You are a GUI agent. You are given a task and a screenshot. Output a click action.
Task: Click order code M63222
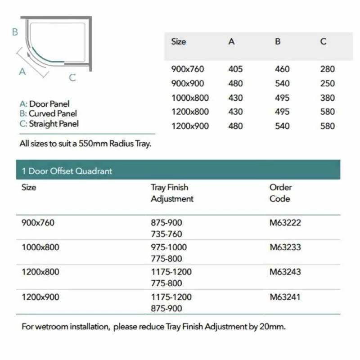point(285,222)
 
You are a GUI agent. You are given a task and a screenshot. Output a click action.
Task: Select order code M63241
point(285,297)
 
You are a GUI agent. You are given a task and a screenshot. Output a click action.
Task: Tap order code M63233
point(285,247)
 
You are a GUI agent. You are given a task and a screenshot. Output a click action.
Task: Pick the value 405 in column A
point(235,69)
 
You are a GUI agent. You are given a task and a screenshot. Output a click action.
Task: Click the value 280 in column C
point(328,69)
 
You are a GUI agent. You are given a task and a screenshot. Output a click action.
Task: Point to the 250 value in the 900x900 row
point(328,84)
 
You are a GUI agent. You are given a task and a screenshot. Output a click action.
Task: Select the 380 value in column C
point(328,98)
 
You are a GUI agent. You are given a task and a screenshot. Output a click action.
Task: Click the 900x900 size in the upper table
point(188,84)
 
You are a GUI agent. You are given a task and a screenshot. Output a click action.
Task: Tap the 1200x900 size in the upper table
point(190,126)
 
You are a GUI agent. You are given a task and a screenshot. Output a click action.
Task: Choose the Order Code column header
point(280,193)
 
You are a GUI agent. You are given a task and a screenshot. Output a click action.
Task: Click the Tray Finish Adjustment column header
point(172,193)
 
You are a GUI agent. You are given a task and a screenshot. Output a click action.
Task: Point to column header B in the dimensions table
point(278,42)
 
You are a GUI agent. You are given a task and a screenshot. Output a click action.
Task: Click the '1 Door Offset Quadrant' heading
point(67,171)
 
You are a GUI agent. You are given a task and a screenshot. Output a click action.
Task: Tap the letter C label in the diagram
point(72,78)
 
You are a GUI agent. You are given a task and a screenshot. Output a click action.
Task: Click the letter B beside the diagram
point(15,32)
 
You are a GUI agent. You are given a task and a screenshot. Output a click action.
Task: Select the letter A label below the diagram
point(22,72)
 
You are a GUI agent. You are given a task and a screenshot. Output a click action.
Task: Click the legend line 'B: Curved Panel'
point(48,114)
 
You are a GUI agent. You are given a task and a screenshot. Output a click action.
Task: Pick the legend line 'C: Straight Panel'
point(49,124)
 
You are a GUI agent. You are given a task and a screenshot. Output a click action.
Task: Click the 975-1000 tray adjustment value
point(169,247)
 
